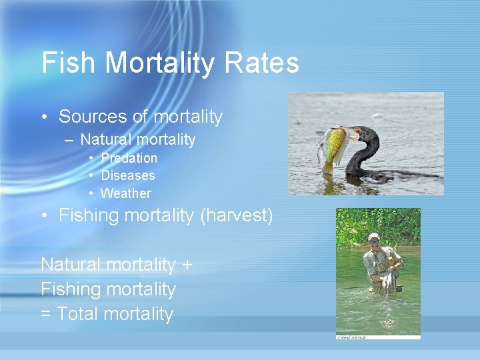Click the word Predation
click(129, 158)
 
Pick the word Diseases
click(127, 175)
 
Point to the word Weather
click(125, 193)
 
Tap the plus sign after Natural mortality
click(187, 265)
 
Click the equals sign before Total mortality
click(46, 314)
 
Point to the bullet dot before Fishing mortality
click(45, 216)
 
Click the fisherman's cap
click(373, 237)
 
